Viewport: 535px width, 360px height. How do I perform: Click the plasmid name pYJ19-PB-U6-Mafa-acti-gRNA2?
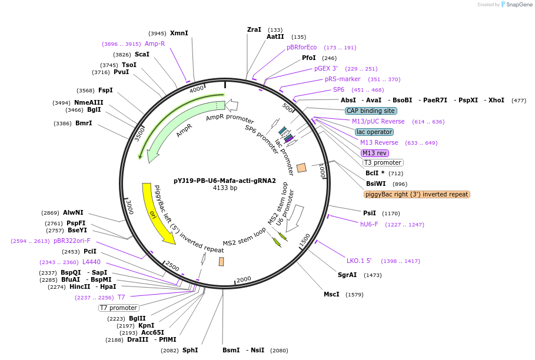tap(225, 181)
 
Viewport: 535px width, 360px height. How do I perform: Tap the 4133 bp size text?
tap(225, 188)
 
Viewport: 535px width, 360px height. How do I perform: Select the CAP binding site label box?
tap(371, 111)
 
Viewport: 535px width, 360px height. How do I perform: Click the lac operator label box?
tap(374, 132)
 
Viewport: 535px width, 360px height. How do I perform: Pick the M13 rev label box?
tap(375, 153)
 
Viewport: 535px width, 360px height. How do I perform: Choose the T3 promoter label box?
tap(383, 163)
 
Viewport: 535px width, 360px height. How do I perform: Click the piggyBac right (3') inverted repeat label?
tap(417, 194)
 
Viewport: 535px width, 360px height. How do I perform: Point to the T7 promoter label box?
tap(118, 308)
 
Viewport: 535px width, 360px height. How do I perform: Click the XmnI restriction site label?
tap(179, 33)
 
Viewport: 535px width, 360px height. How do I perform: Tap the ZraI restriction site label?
tap(254, 29)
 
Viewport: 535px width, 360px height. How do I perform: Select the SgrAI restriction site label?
tap(347, 275)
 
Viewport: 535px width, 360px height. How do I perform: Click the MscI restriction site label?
tap(331, 294)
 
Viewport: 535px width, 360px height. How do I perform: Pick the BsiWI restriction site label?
tap(376, 184)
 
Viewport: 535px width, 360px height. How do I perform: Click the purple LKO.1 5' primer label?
tap(359, 261)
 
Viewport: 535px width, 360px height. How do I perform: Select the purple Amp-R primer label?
tap(155, 44)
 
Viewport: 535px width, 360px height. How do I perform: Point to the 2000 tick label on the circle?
tap(244, 279)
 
